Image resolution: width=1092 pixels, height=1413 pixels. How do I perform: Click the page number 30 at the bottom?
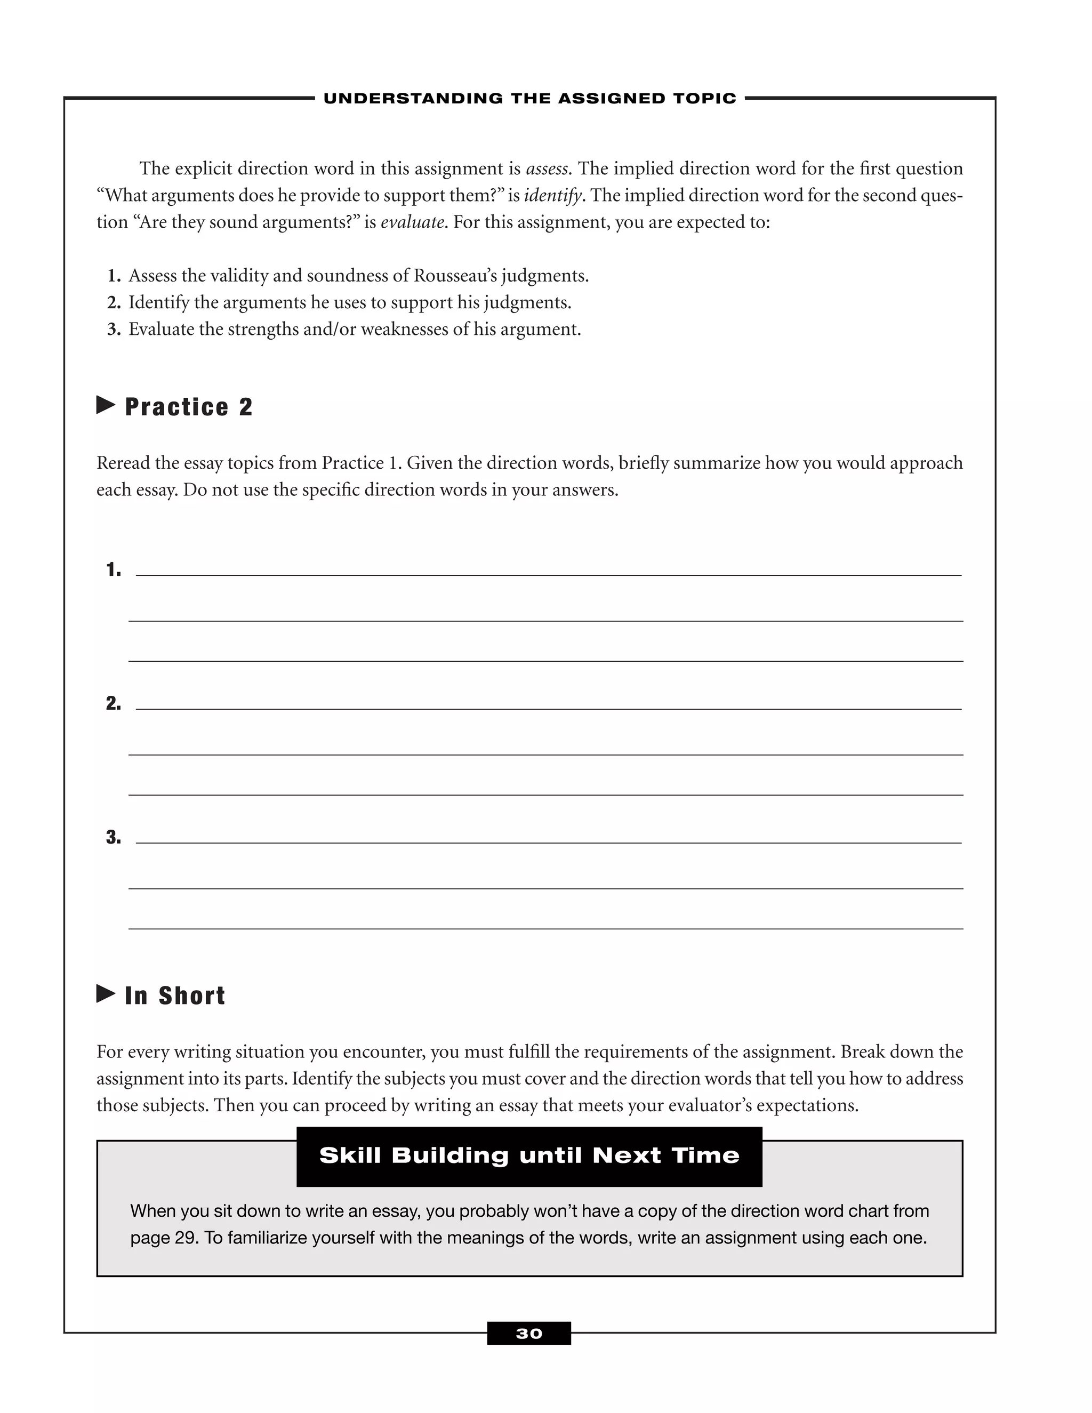pyautogui.click(x=528, y=1334)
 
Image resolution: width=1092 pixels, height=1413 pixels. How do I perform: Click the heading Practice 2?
pyautogui.click(x=188, y=407)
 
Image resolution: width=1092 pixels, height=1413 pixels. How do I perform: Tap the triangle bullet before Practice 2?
pyautogui.click(x=106, y=406)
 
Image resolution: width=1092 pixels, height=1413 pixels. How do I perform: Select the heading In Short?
pyautogui.click(x=175, y=995)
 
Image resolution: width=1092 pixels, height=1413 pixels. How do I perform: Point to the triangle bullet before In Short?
pyautogui.click(x=106, y=994)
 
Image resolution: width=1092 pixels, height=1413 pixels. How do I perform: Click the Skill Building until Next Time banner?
pyautogui.click(x=528, y=1155)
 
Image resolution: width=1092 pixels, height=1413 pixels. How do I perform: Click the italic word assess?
pyautogui.click(x=547, y=169)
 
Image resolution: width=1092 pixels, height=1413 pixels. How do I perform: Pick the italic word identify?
pyautogui.click(x=552, y=195)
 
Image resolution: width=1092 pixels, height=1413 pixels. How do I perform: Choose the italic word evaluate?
pyautogui.click(x=412, y=222)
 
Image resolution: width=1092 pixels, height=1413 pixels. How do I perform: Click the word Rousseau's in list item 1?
pyautogui.click(x=455, y=276)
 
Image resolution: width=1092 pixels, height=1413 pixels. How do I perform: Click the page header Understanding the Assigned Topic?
pyautogui.click(x=529, y=98)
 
